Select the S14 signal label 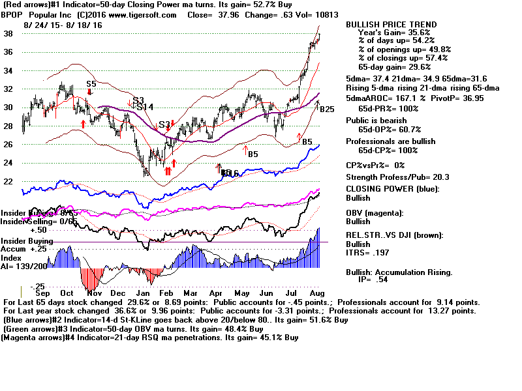pos(145,107)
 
